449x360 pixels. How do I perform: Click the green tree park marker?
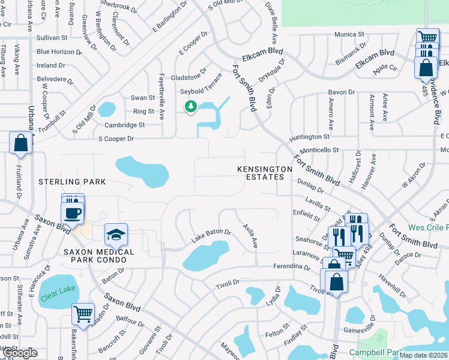click(x=191, y=107)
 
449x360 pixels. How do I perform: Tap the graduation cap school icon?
click(x=116, y=235)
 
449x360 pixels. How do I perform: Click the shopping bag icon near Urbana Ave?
click(x=20, y=143)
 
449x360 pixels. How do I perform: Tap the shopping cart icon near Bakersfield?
click(x=83, y=313)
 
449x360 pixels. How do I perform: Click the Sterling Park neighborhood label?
click(x=72, y=182)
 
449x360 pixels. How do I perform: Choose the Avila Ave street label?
click(x=250, y=236)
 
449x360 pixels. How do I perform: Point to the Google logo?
click(x=19, y=353)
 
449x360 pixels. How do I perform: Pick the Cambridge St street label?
click(x=125, y=125)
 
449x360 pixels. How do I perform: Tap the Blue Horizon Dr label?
click(x=59, y=52)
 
